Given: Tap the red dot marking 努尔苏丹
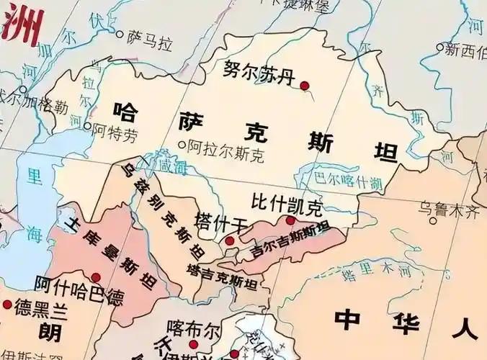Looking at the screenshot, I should pyautogui.click(x=304, y=86).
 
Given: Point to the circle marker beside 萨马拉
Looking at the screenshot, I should pyautogui.click(x=120, y=33).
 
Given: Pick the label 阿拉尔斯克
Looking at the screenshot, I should pyautogui.click(x=226, y=148).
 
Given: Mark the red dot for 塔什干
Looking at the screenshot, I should pyautogui.click(x=229, y=240).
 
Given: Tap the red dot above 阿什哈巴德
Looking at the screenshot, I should pyautogui.click(x=96, y=277).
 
